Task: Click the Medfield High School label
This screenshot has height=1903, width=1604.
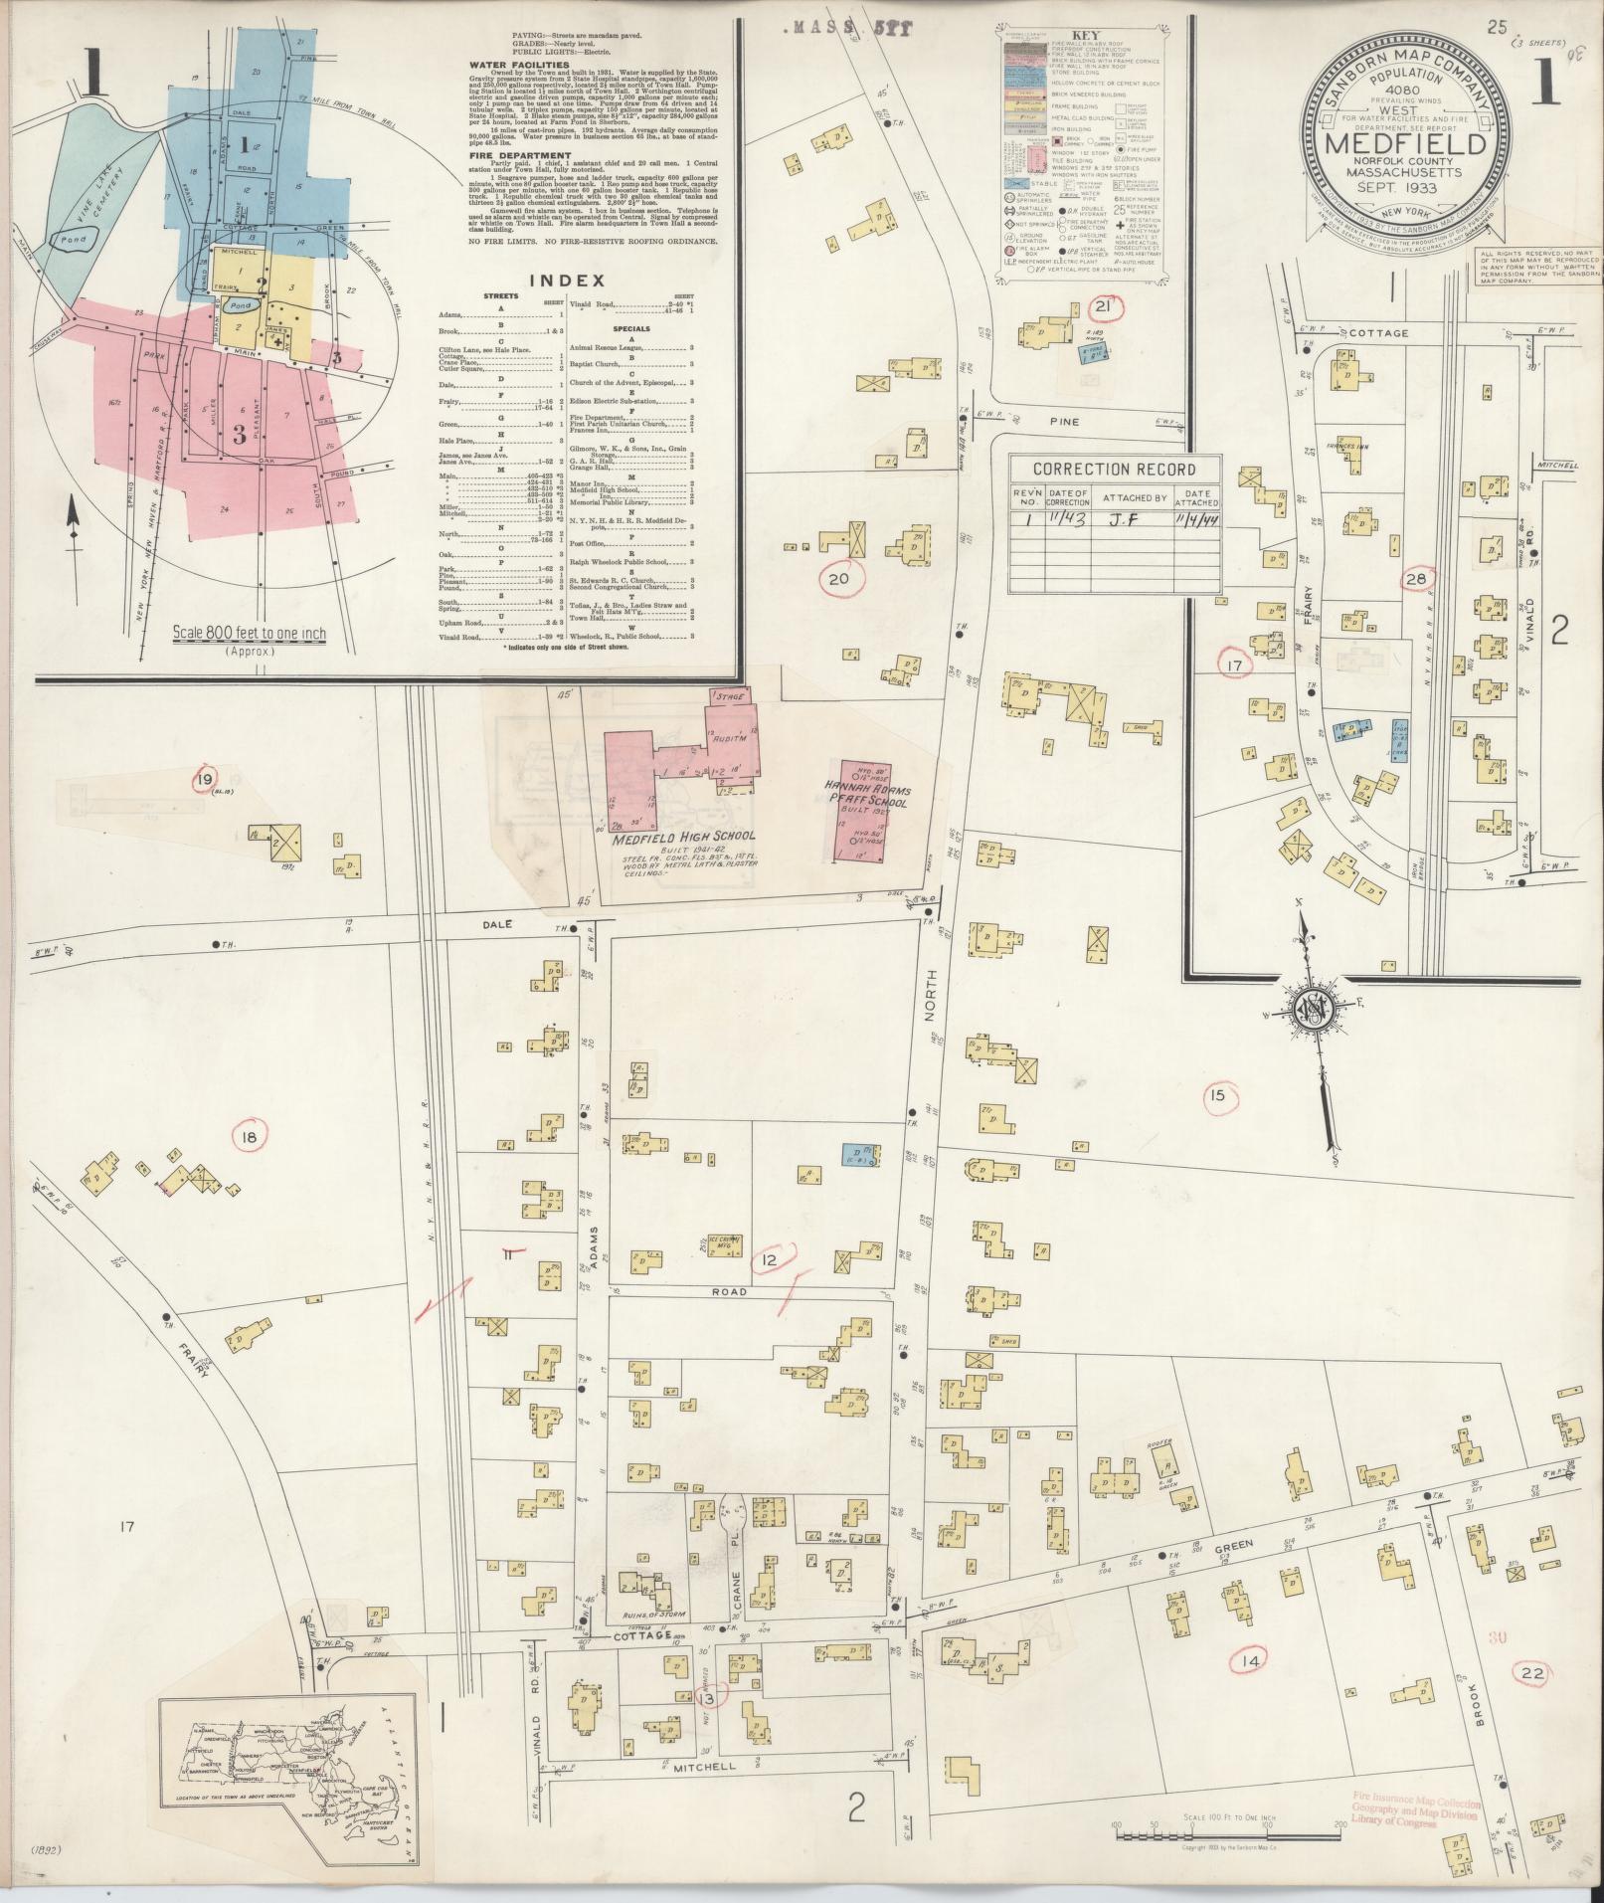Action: (x=684, y=837)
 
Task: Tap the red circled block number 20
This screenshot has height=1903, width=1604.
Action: (x=839, y=578)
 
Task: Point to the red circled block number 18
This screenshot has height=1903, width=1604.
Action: (x=250, y=1135)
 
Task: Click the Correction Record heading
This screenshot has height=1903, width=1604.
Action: (x=1114, y=470)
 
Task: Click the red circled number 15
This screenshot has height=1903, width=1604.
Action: (x=1220, y=1097)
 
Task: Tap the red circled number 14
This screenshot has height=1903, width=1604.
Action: (x=1250, y=1660)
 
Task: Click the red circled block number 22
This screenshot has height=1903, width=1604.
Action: (x=1532, y=1674)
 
